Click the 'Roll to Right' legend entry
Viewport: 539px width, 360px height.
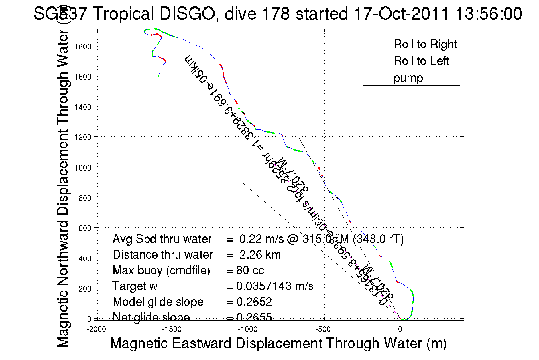click(x=425, y=44)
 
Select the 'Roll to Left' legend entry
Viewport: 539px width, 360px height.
click(x=421, y=61)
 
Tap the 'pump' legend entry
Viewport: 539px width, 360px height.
click(x=408, y=78)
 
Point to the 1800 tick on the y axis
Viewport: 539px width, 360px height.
click(x=83, y=46)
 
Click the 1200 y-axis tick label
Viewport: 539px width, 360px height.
click(x=83, y=137)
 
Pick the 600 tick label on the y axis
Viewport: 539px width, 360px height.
click(x=85, y=228)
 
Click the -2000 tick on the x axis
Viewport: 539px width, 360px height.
click(x=96, y=330)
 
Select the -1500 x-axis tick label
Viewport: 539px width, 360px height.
click(x=172, y=330)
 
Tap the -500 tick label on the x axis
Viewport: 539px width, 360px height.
click(x=323, y=330)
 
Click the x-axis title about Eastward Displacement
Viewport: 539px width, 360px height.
click(x=278, y=343)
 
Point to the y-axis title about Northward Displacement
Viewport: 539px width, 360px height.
click(x=63, y=188)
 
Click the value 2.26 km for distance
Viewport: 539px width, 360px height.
click(x=260, y=255)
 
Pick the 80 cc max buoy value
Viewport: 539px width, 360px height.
click(x=250, y=270)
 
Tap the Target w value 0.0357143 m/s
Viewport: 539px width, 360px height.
click(x=274, y=286)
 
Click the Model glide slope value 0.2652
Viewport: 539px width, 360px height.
click(x=254, y=302)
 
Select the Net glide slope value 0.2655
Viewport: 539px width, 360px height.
click(x=254, y=317)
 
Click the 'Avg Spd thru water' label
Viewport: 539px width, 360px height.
click(x=162, y=239)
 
